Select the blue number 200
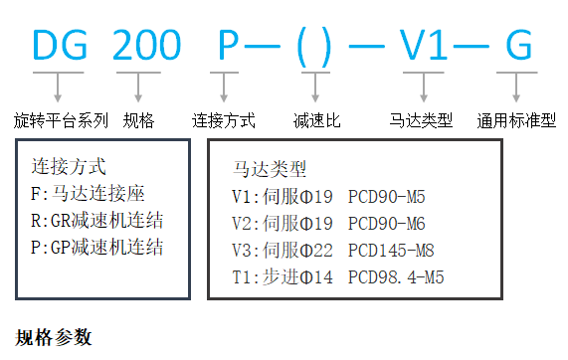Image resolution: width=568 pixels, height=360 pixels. point(145,45)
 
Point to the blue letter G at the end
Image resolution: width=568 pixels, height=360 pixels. point(518,45)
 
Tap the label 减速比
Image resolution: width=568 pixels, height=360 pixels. point(317,121)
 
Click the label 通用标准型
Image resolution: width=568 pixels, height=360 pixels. point(518,121)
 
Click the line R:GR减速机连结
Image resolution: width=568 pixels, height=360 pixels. point(96,220)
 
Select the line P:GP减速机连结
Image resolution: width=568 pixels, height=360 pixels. point(96,247)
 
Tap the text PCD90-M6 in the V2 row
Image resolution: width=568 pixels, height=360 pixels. point(390,223)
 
